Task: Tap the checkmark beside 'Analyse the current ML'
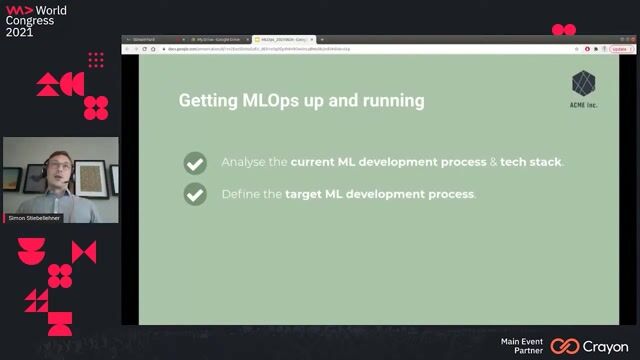(195, 162)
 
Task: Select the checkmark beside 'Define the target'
(195, 194)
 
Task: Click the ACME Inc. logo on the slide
(584, 88)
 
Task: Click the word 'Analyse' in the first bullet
(242, 162)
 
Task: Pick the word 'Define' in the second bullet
(239, 194)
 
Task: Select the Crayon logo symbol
(565, 346)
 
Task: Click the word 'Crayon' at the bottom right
(605, 346)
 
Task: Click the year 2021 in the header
(20, 32)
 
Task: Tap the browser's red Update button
(620, 48)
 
